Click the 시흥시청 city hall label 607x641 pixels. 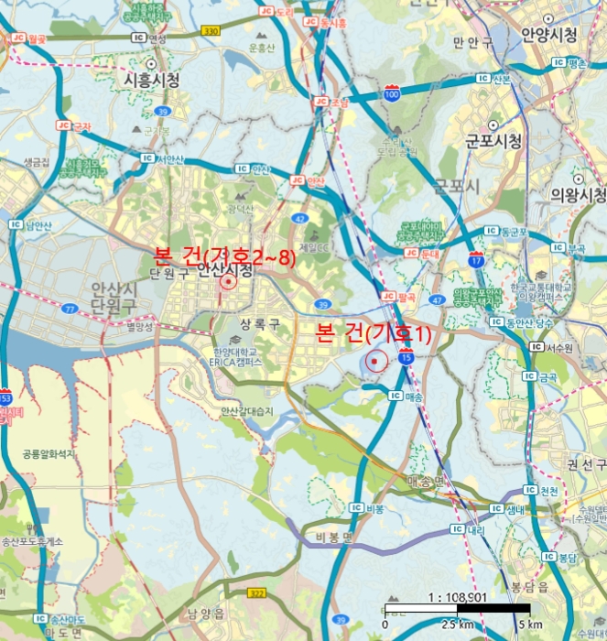151,81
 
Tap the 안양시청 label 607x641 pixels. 549,34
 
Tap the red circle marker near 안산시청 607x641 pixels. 227,282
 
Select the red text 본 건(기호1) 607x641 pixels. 373,334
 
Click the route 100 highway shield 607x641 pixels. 392,94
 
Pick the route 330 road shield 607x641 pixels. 211,31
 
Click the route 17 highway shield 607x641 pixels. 476,259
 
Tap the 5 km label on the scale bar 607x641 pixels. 529,625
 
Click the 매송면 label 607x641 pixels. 426,480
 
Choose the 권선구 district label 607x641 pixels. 585,464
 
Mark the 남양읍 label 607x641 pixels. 206,613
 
